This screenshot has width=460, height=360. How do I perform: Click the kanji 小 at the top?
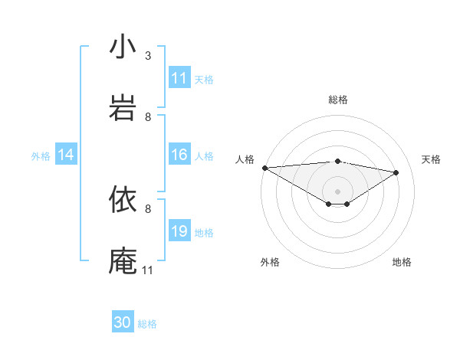[x=123, y=47]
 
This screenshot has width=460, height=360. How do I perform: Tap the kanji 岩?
[x=123, y=107]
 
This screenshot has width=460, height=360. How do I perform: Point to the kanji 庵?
[x=123, y=260]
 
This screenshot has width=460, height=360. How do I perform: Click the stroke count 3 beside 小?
[x=148, y=56]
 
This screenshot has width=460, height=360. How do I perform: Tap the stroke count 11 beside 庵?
[x=148, y=270]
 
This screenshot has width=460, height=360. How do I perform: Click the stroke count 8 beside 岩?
[x=148, y=117]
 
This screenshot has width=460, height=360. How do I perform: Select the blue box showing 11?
[x=179, y=78]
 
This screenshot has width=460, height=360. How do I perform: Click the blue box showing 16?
[x=179, y=155]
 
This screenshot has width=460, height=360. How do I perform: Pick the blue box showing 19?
[x=179, y=231]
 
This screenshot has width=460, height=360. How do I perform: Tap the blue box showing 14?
[x=66, y=155]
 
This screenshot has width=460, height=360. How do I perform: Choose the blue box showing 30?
[x=123, y=322]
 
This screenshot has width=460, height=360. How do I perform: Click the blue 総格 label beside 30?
[x=147, y=324]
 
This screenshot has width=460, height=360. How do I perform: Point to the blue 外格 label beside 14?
[x=41, y=155]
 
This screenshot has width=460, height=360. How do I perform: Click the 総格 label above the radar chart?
[x=338, y=100]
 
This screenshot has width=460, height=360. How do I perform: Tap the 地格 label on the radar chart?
[x=402, y=262]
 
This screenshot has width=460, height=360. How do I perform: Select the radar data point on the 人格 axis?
[x=264, y=168]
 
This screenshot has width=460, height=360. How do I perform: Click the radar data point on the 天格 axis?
[x=396, y=172]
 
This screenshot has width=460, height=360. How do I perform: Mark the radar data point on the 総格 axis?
[x=337, y=161]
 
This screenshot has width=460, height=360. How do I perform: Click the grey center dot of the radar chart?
[x=337, y=191]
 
